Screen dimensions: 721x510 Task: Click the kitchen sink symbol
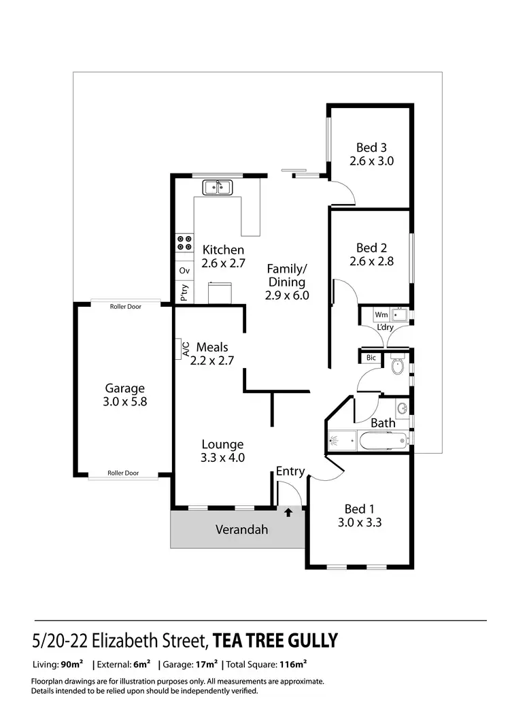click(x=218, y=186)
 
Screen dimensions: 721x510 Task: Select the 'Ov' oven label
click(x=184, y=271)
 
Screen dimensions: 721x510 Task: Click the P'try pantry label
click(x=184, y=292)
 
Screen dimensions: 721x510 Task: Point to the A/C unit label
click(x=185, y=348)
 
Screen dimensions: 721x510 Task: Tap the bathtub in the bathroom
click(x=382, y=441)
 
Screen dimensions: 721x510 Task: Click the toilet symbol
click(x=398, y=367)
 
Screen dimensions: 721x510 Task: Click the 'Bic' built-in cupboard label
click(x=371, y=357)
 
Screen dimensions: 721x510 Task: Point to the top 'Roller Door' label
click(x=126, y=307)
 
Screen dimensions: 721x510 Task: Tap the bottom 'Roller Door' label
click(x=123, y=473)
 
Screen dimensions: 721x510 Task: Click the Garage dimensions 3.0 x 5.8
click(x=124, y=401)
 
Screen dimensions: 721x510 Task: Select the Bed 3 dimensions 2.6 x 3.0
click(x=372, y=161)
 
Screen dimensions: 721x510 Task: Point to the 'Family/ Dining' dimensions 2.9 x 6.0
click(x=287, y=295)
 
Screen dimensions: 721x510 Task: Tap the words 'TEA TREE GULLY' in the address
click(x=275, y=641)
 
